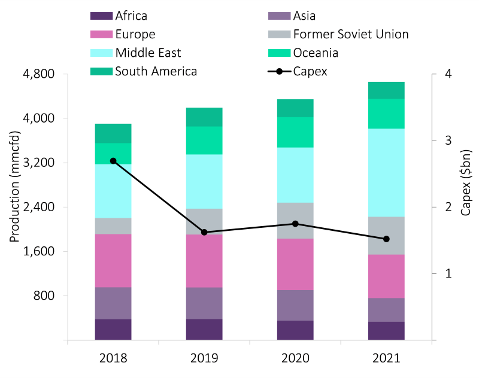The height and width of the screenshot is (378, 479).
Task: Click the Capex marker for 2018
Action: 113,161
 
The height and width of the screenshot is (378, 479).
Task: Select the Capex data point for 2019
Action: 204,232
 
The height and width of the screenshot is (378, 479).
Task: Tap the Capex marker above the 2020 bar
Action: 295,224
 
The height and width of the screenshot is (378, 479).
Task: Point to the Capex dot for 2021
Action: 386,239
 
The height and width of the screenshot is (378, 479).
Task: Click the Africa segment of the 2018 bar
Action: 113,330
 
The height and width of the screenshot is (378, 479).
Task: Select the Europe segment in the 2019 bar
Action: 204,261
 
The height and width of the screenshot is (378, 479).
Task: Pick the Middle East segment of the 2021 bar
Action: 386,172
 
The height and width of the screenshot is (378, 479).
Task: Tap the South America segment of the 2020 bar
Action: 295,108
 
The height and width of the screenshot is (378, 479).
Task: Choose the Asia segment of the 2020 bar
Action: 295,305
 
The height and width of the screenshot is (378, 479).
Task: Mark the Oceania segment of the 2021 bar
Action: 386,114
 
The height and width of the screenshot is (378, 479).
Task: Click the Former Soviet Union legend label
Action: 351,34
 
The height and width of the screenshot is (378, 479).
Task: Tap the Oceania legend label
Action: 316,53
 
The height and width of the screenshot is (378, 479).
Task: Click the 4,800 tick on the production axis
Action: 39,74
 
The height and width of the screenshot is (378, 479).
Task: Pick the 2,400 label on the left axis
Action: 39,208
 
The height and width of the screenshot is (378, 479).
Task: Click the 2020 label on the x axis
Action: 295,358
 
